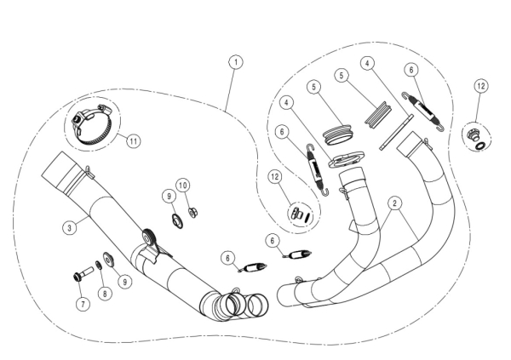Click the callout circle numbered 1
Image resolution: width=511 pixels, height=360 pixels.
pos(236,62)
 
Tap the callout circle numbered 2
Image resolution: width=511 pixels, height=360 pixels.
pos(394,203)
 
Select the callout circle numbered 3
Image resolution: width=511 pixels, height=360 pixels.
pos(70,227)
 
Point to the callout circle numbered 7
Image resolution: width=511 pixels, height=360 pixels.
pos(83,304)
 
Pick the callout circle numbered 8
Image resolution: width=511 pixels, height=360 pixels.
pos(105,294)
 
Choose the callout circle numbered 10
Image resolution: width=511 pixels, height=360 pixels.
pos(183,186)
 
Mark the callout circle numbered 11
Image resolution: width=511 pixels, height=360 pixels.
pos(134,141)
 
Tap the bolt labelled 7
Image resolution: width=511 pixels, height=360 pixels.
pos(83,273)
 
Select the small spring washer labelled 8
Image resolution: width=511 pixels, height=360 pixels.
pos(99,265)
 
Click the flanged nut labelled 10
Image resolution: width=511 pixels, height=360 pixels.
pos(193,213)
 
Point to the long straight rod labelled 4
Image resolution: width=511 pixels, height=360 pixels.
pos(397,132)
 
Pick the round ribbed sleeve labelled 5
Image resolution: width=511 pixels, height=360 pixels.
pos(338,134)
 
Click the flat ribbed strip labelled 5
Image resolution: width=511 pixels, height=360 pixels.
pos(377,114)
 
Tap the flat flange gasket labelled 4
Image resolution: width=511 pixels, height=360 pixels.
pos(346,159)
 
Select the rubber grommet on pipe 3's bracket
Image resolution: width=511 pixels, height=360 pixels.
pos(148,237)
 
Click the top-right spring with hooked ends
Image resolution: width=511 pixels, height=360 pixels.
pos(422,111)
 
